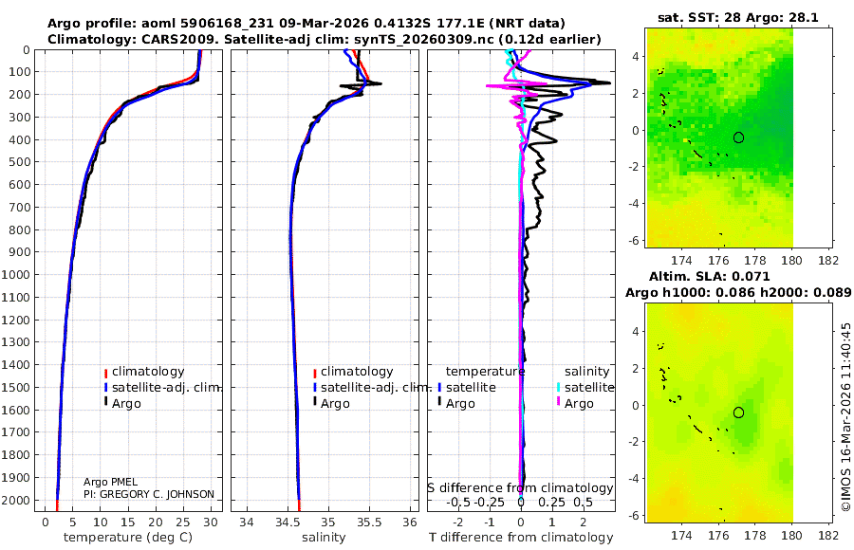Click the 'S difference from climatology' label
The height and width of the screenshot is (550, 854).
coord(520,488)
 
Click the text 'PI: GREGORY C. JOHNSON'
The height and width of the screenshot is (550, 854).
coord(149,494)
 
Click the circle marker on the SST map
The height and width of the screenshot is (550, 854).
coord(738,137)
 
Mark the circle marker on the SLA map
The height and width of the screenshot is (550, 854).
coord(738,412)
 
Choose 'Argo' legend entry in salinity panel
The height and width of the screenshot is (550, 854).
coord(335,404)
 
